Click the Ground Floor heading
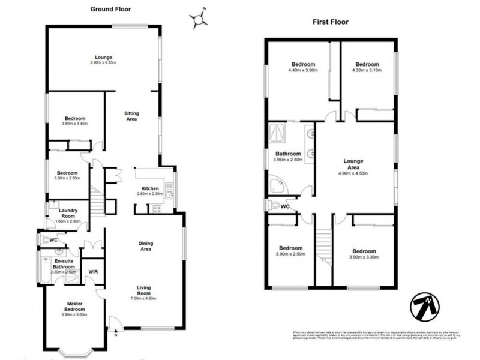(110, 10)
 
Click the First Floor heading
(330, 22)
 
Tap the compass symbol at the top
(199, 20)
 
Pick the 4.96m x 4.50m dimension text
(353, 173)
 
